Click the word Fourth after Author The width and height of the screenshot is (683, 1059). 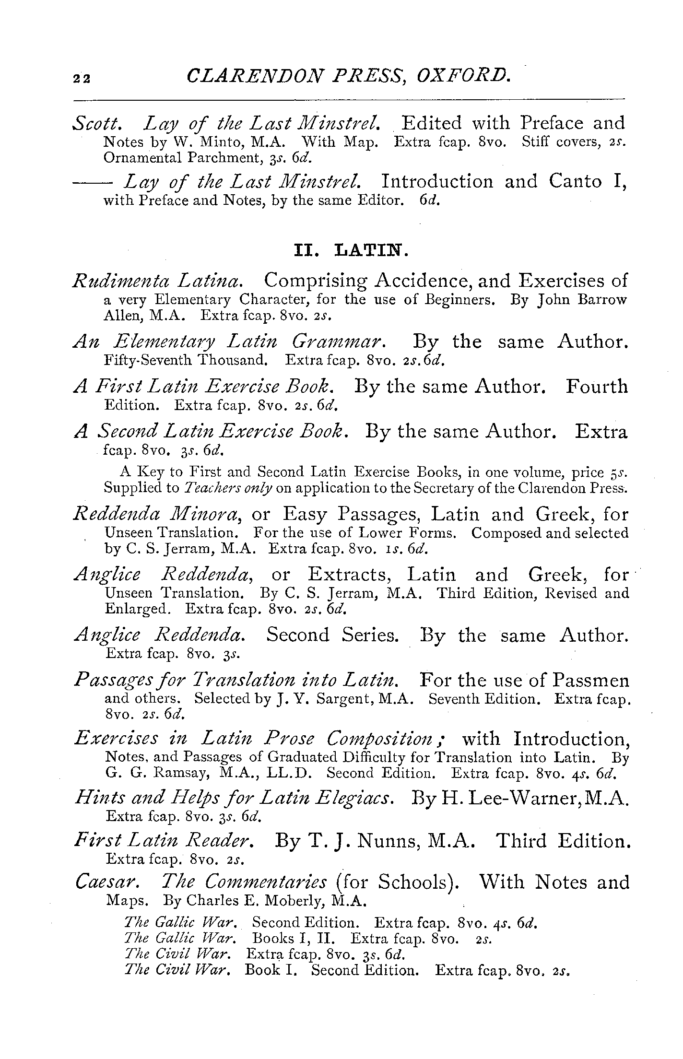click(x=596, y=386)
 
